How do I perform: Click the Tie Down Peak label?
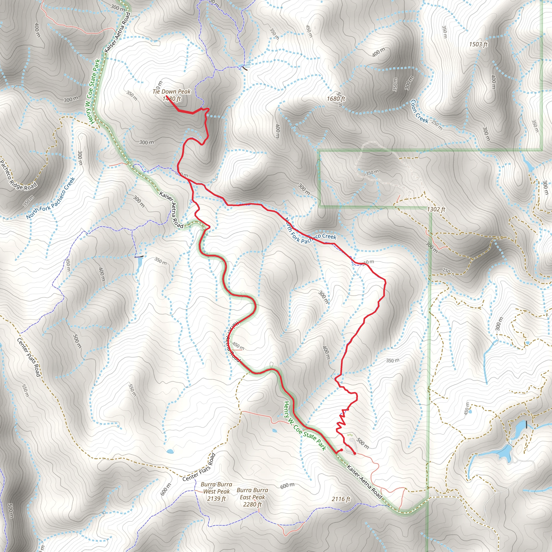coord(171,91)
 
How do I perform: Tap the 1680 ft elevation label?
coord(336,99)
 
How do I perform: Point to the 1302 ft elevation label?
coord(436,209)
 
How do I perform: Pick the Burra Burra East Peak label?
coord(252,494)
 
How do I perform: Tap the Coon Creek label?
coord(419,111)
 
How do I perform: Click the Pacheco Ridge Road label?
coord(18,176)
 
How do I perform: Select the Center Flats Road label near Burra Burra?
coord(199,467)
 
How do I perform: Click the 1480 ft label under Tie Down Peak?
coord(172,99)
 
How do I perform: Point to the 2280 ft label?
coord(252,505)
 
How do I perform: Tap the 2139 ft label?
coord(216,499)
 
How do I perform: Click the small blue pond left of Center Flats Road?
coord(170,451)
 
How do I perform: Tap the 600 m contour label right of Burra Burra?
coord(287,485)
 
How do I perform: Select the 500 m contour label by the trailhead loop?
coord(363,443)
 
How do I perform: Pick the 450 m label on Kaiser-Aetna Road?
coord(238,346)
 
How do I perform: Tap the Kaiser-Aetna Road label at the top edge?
coord(118,32)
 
